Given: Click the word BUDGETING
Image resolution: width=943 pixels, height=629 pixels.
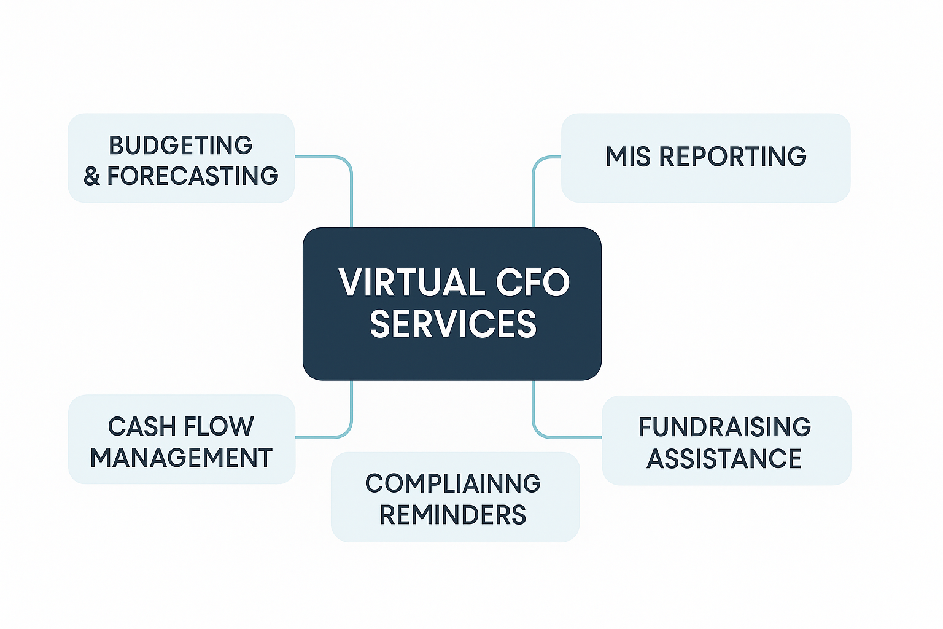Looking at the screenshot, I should click(x=180, y=146).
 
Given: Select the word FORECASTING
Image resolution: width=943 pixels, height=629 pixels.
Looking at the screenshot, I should click(x=193, y=176).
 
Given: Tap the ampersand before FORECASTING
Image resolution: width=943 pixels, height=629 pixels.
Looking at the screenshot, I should click(x=92, y=177).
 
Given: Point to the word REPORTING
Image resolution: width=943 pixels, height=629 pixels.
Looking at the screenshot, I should click(x=732, y=157).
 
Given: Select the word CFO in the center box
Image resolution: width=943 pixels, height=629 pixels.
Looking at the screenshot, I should click(x=532, y=283).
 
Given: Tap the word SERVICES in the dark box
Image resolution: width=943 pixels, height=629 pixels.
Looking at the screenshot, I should click(x=453, y=324).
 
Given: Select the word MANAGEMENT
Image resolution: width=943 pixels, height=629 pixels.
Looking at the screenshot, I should click(x=181, y=458).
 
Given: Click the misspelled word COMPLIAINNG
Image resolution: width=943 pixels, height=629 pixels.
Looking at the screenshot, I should click(x=453, y=483).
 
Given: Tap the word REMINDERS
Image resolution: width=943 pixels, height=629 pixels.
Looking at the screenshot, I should click(x=453, y=515).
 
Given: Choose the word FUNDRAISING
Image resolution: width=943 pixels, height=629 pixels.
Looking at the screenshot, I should click(x=724, y=427).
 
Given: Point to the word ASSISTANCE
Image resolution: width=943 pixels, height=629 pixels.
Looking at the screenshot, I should click(x=724, y=459).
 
